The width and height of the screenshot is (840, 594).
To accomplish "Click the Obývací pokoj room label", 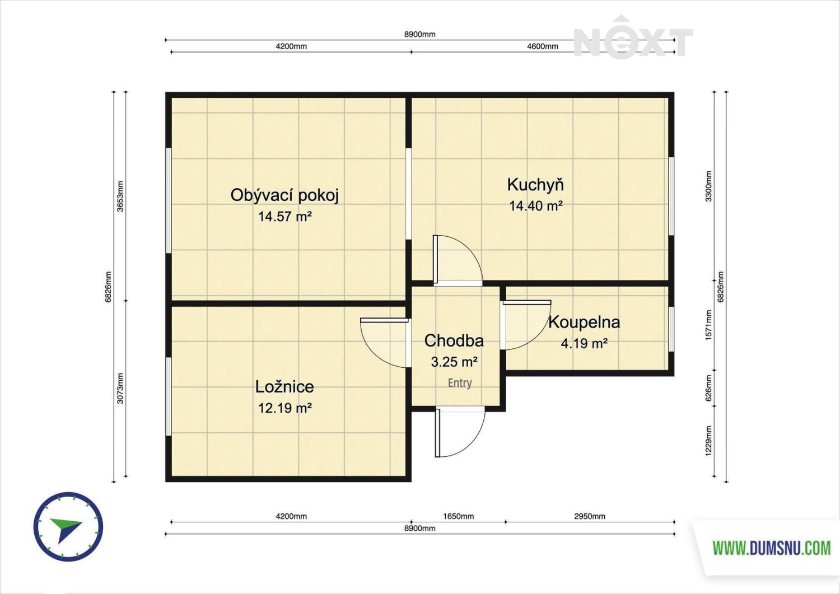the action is [x=284, y=195].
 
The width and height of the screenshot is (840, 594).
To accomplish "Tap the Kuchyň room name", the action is [x=535, y=185].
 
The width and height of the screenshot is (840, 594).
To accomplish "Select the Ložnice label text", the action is [x=284, y=387].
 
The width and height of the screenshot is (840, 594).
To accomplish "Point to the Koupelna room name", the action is [x=584, y=322].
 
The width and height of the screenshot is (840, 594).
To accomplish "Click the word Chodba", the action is [x=454, y=340].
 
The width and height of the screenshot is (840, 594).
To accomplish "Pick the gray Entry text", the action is [x=460, y=383].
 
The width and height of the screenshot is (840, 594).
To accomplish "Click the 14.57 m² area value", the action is [x=285, y=216].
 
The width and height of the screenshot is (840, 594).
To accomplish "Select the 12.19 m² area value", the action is [x=285, y=408].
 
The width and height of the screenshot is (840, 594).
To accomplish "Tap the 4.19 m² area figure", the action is [x=584, y=343].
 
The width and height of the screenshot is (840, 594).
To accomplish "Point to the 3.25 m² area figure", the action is [x=454, y=362].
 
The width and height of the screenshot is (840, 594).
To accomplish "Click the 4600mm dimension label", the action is [x=543, y=46].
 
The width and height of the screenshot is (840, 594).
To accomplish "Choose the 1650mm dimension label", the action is [x=459, y=516].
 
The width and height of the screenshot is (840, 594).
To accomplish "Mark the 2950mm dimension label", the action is [x=590, y=516].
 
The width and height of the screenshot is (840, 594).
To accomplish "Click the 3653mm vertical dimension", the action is [x=120, y=196].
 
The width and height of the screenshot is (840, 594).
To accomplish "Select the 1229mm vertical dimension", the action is [x=709, y=441].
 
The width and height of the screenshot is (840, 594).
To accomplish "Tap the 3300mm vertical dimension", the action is [x=709, y=186].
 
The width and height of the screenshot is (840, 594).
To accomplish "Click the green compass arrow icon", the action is [x=65, y=529].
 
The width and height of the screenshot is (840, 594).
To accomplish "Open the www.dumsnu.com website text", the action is [x=772, y=548].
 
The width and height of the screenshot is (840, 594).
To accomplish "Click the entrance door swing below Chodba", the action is [x=460, y=433].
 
